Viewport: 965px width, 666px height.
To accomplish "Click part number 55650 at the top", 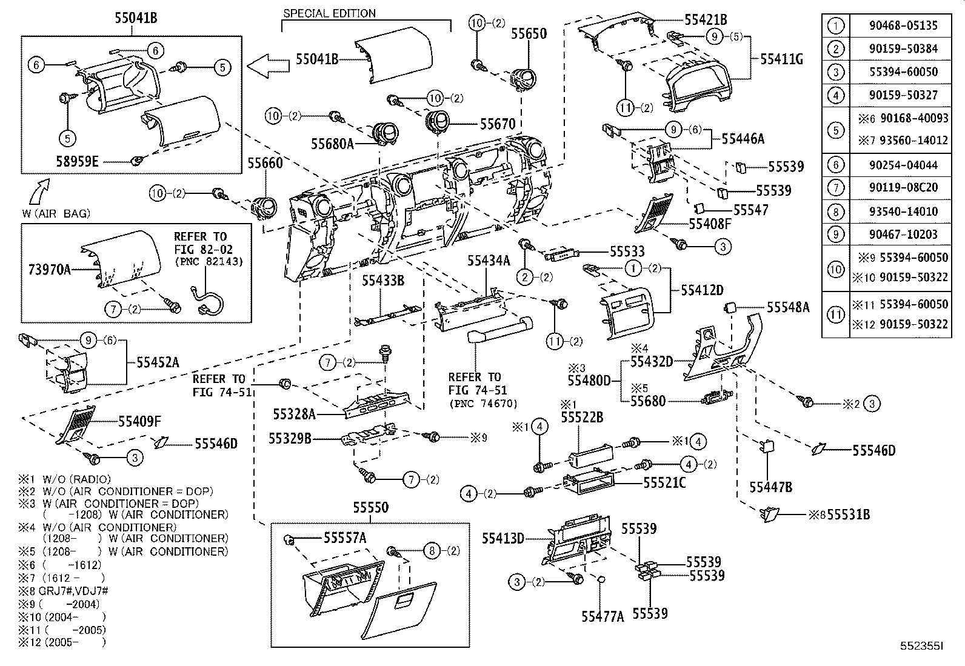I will pyautogui.click(x=528, y=34).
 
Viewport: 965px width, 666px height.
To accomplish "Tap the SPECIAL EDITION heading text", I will pyautogui.click(x=329, y=13).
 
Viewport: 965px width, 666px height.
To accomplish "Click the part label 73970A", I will pyautogui.click(x=49, y=269).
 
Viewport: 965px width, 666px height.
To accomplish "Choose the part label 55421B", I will pyautogui.click(x=706, y=19).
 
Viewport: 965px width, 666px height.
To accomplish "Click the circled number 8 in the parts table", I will pyautogui.click(x=835, y=211).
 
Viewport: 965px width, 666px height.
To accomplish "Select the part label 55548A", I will pyautogui.click(x=787, y=308).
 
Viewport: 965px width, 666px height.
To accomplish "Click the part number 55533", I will pyautogui.click(x=627, y=251).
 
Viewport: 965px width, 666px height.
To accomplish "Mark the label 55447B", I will pyautogui.click(x=770, y=487).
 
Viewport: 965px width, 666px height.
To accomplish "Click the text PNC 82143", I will pyautogui.click(x=209, y=262).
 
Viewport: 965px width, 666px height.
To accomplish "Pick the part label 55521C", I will pyautogui.click(x=664, y=482).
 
